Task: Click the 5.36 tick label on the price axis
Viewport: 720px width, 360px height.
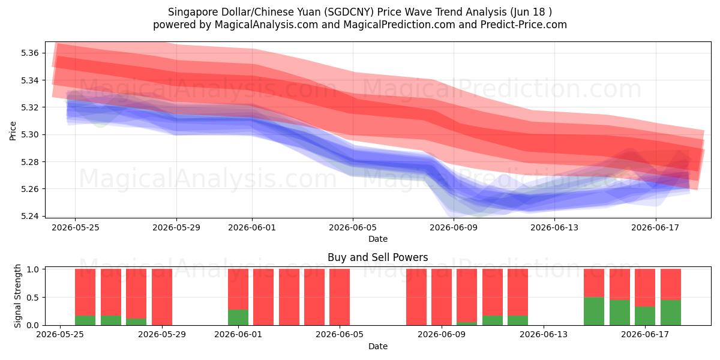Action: tap(29, 53)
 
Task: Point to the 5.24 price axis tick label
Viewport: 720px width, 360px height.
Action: tap(29, 216)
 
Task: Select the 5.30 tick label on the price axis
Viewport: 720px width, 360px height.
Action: tap(29, 134)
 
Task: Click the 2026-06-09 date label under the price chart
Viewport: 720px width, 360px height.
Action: tap(454, 227)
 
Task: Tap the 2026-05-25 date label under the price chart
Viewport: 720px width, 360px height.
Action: tap(76, 227)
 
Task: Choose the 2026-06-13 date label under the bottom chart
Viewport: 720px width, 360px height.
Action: tap(544, 334)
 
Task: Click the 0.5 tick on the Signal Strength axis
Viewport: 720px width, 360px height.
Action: tap(33, 298)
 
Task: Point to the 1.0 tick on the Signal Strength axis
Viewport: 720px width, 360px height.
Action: tap(33, 269)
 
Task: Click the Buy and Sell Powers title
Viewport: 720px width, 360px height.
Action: tap(377, 257)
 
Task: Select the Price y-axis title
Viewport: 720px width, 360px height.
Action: tap(13, 131)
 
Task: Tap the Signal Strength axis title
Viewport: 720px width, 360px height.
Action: tap(17, 296)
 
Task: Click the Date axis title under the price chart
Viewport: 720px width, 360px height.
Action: tap(377, 239)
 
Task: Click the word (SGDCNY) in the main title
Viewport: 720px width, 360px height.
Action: tap(349, 12)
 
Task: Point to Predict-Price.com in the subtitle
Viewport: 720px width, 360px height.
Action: tap(524, 25)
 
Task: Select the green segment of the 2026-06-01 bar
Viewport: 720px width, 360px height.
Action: tap(238, 317)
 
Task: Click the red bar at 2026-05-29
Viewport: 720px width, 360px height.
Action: tap(162, 297)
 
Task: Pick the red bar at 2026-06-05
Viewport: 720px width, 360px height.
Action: tap(340, 297)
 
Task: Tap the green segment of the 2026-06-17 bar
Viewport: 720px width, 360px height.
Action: tap(645, 316)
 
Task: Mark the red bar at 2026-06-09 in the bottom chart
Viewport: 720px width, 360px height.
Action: tap(442, 297)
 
